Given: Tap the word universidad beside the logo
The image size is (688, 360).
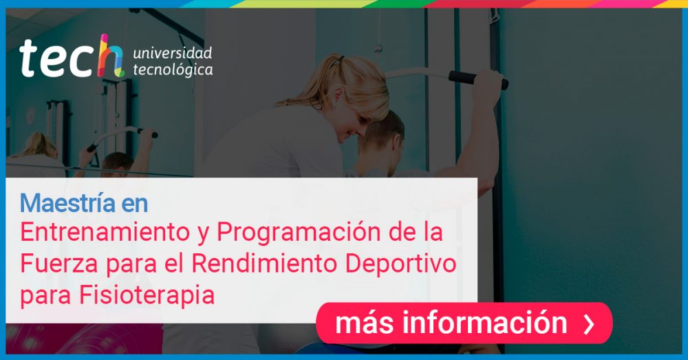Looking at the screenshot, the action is point(173,53).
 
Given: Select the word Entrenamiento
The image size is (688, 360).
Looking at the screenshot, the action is point(105,232).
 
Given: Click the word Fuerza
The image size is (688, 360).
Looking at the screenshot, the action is point(59,264).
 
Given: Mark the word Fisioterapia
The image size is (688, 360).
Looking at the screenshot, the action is point(147,295).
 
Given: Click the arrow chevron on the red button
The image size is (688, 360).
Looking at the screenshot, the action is point(589,324).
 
